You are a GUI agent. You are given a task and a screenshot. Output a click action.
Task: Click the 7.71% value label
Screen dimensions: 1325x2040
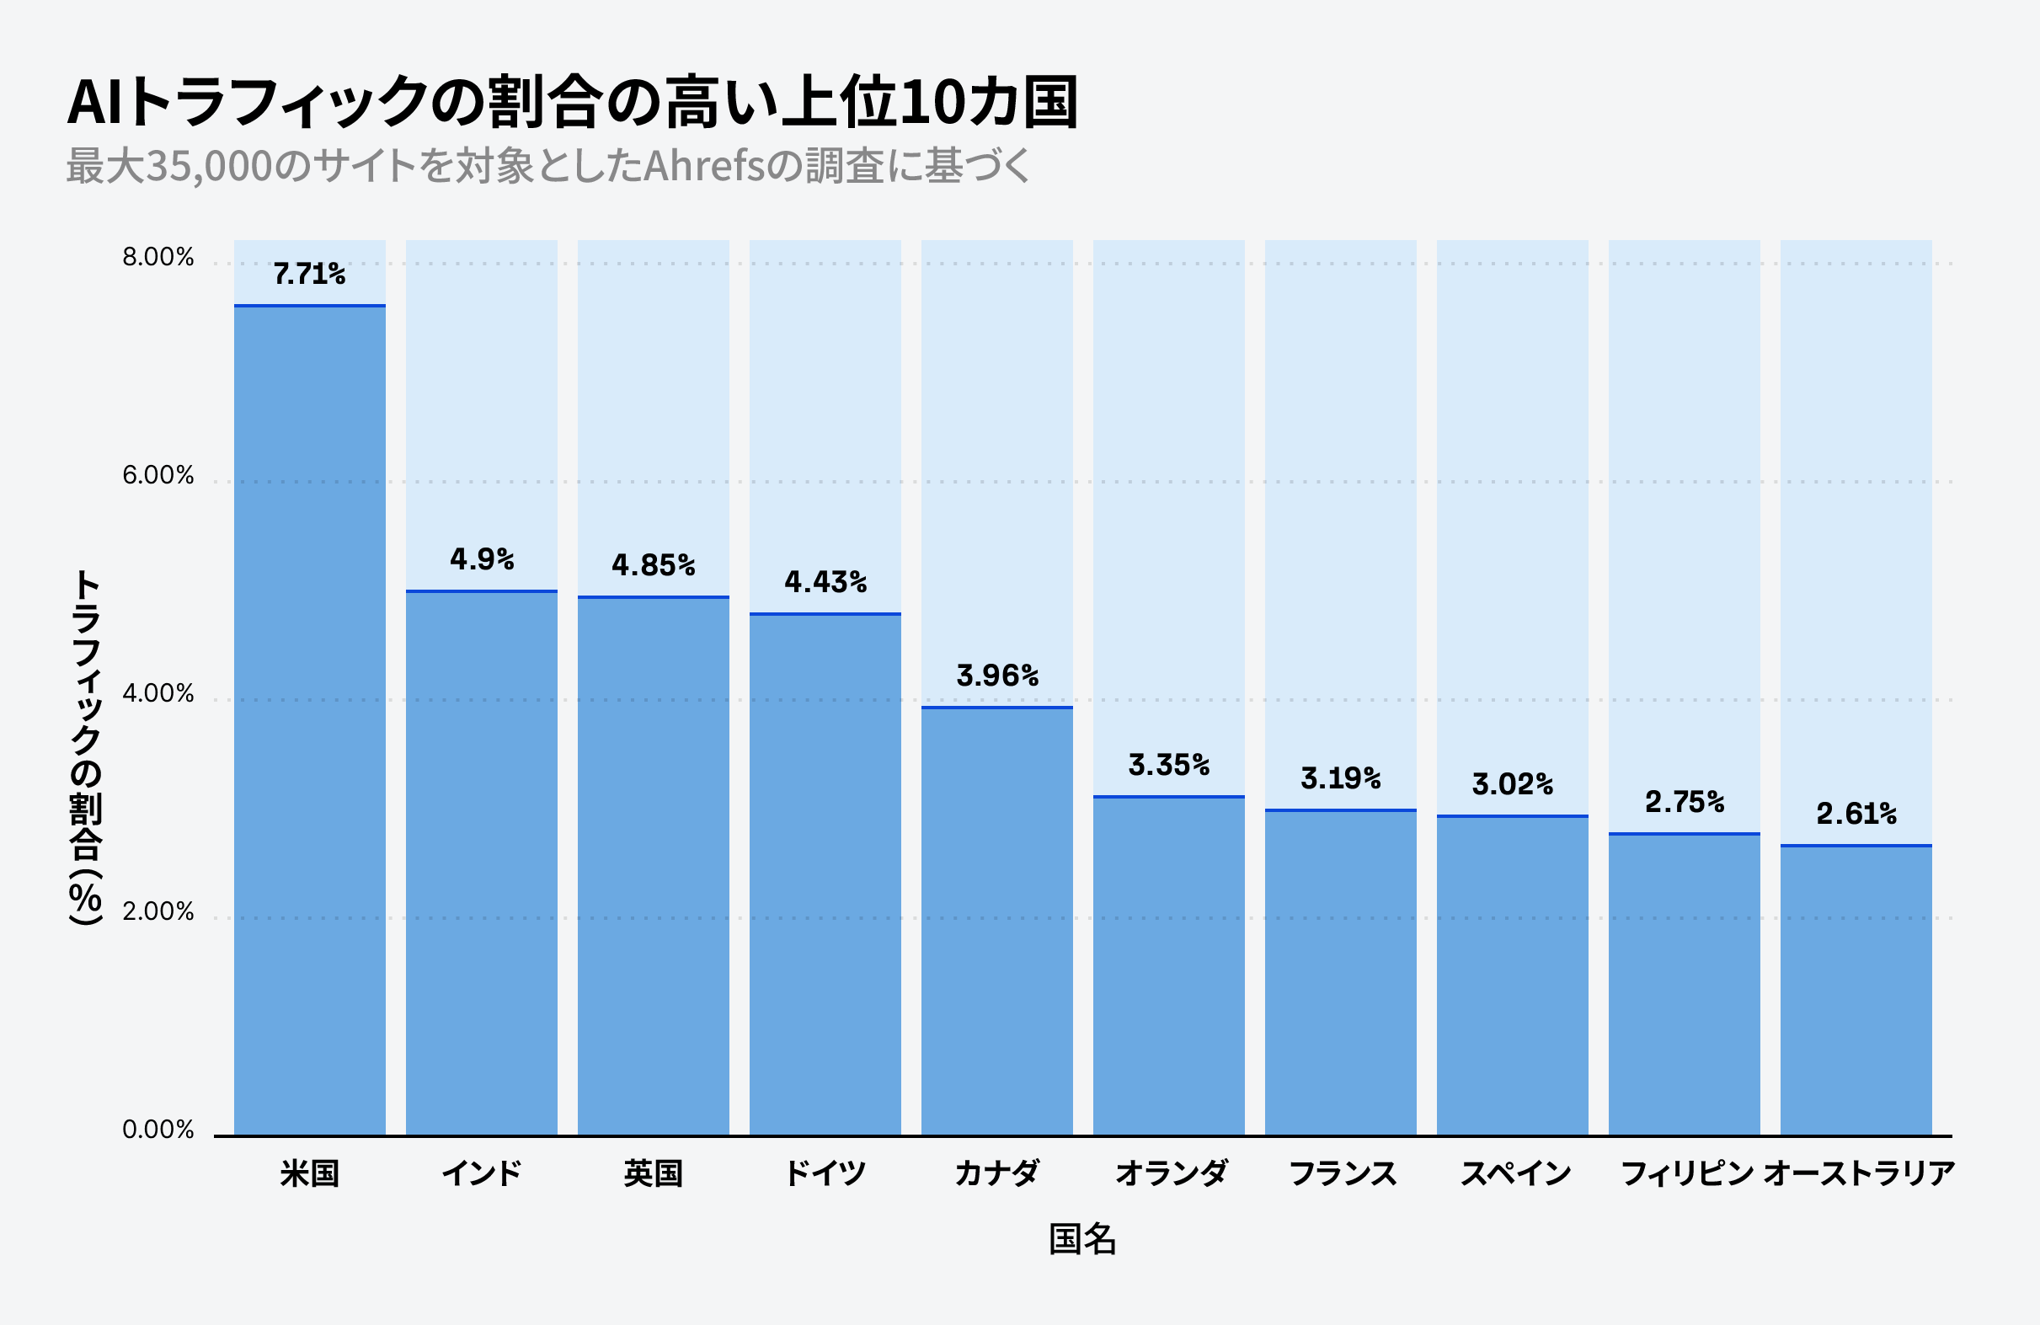click(x=309, y=275)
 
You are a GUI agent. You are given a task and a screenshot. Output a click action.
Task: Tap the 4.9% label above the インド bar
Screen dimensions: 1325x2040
click(x=482, y=559)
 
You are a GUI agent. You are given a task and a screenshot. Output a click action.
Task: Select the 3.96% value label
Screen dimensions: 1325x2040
click(x=997, y=676)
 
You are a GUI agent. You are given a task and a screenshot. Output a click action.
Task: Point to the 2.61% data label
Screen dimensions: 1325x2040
click(x=1856, y=815)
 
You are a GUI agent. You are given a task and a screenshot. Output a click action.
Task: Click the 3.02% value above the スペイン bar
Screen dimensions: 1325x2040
click(x=1512, y=784)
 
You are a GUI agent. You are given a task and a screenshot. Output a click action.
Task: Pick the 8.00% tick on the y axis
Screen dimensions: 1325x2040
click(x=158, y=257)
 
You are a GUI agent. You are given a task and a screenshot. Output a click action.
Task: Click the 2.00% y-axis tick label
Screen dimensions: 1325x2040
click(x=158, y=912)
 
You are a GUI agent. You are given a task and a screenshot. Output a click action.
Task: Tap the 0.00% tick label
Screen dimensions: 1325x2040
click(x=158, y=1130)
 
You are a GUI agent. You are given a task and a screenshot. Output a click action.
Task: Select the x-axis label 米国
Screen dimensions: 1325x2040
click(x=309, y=1173)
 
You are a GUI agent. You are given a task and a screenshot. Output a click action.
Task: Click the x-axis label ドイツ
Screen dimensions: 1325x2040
click(x=825, y=1173)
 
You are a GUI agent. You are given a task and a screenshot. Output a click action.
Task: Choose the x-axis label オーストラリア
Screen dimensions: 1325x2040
click(x=1859, y=1173)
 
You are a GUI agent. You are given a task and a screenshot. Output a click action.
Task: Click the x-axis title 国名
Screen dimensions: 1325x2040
click(x=1081, y=1239)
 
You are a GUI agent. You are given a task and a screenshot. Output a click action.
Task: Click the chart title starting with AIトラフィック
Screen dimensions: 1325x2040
click(x=572, y=102)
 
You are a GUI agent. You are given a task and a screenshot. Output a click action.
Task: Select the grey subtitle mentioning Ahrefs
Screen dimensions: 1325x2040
click(x=548, y=165)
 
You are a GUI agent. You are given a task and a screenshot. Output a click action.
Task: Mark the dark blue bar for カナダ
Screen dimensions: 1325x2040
click(x=997, y=922)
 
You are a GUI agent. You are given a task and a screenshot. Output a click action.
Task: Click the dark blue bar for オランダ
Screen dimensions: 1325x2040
click(x=1168, y=966)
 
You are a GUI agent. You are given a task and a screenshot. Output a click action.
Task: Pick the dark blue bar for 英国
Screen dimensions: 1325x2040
click(x=653, y=866)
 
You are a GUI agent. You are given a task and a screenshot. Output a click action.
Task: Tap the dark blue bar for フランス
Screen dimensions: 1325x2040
click(x=1341, y=973)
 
